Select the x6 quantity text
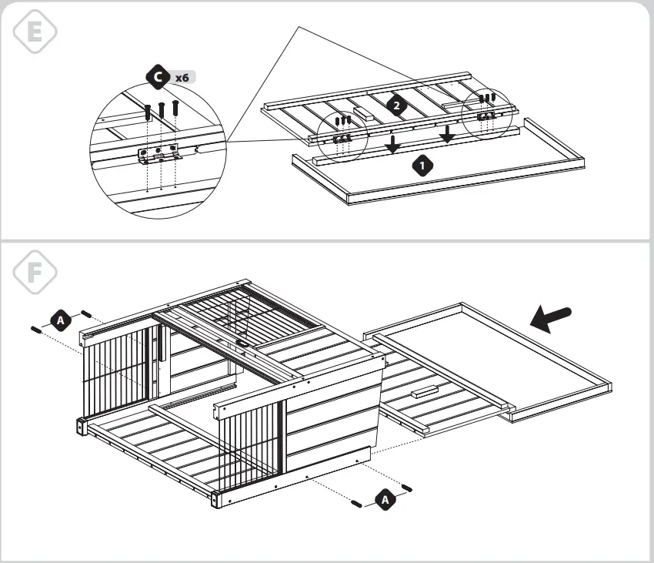[x=182, y=78]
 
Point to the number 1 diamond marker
[x=421, y=165]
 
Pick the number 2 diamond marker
[x=397, y=106]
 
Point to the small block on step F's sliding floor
[x=425, y=393]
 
